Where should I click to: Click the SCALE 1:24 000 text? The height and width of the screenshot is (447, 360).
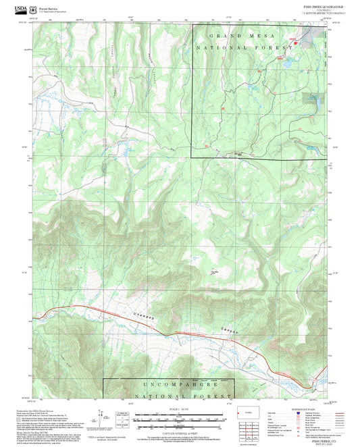tap(179, 409)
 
